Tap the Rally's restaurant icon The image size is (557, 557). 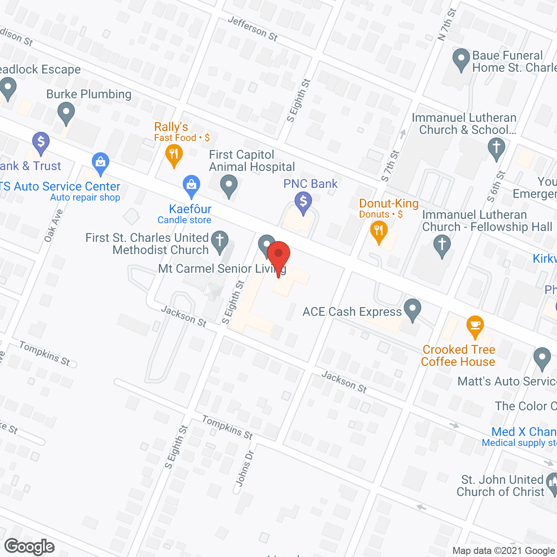point(174,155)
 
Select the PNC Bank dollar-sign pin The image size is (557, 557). point(303,203)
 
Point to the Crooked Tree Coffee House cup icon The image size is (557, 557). point(475,326)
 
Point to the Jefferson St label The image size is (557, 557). point(252,29)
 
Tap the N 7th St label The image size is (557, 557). point(447,24)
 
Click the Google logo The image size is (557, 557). point(30,547)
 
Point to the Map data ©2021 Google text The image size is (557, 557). point(504,551)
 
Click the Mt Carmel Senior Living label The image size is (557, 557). point(222,269)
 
